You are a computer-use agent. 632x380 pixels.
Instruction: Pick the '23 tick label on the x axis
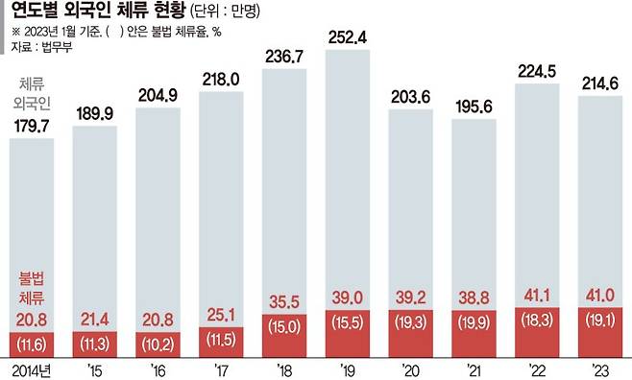601,368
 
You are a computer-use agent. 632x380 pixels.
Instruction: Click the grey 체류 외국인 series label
34,93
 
